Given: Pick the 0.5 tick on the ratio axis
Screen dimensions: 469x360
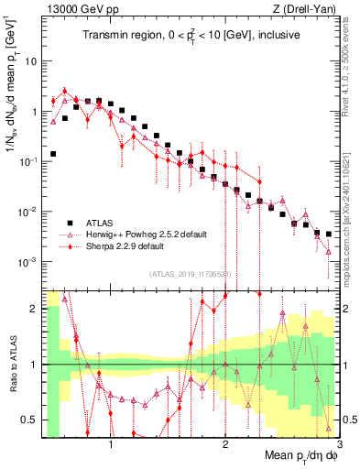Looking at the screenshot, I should pos(29,420).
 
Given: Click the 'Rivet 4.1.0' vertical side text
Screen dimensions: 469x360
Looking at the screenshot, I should pos(350,55).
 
